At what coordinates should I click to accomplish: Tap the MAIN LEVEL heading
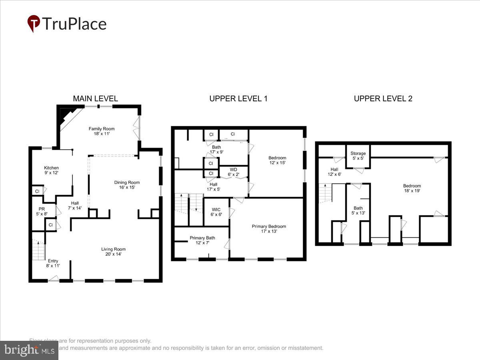point(95,98)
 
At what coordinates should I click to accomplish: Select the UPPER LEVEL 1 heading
point(238,98)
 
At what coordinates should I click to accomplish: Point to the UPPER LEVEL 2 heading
point(383,98)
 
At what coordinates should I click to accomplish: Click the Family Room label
point(102,131)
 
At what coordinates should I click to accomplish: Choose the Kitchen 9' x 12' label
point(51,170)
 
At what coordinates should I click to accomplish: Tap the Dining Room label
point(127,185)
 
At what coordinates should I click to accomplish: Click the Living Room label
point(113,252)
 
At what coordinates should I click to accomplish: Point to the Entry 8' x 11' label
point(53,263)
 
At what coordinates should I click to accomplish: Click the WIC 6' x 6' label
point(216,212)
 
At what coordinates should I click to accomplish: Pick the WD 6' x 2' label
point(234,172)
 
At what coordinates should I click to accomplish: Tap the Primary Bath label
point(202,240)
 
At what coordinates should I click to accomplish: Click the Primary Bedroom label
point(269,229)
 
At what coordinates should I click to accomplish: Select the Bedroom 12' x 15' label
point(277,160)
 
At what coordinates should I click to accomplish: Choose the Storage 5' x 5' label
point(358,156)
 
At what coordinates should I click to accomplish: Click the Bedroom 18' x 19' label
point(412,188)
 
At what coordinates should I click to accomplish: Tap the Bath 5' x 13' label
point(358,210)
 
